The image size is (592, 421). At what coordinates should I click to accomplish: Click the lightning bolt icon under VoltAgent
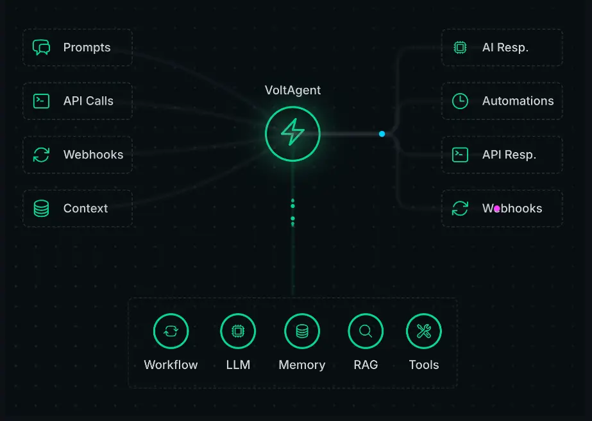point(292,133)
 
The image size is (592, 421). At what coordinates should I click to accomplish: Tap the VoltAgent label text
point(292,90)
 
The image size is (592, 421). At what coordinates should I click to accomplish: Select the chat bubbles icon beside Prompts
point(41,47)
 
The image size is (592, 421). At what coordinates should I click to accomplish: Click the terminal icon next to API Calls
point(41,101)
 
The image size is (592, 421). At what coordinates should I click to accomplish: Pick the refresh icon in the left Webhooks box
point(41,155)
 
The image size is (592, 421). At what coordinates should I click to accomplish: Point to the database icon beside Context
point(41,209)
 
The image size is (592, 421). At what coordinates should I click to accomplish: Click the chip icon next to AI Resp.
point(460,47)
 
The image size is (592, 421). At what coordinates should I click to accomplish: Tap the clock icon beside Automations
point(460,101)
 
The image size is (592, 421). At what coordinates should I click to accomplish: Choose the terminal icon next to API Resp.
point(460,155)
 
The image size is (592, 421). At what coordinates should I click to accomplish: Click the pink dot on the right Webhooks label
point(496,209)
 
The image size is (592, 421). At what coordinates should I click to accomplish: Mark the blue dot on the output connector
point(382,133)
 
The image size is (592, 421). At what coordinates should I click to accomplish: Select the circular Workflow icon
point(171,331)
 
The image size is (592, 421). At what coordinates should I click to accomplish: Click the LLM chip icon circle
point(238,331)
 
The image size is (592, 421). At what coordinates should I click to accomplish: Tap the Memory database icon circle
point(301,331)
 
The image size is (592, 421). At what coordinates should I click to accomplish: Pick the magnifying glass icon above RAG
point(366,331)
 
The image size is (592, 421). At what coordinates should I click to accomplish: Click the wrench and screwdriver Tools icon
point(423,331)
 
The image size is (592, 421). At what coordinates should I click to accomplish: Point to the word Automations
point(518,101)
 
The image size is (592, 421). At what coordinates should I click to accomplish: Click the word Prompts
point(87,47)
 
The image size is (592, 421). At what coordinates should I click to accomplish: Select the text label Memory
point(301,365)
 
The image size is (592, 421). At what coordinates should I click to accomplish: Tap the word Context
point(85,209)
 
